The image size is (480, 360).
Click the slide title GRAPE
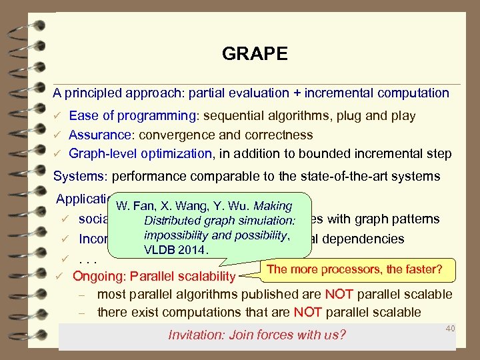pos(255,54)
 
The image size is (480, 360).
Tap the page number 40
pos(450,328)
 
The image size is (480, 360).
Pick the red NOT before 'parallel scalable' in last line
pos(309,312)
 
